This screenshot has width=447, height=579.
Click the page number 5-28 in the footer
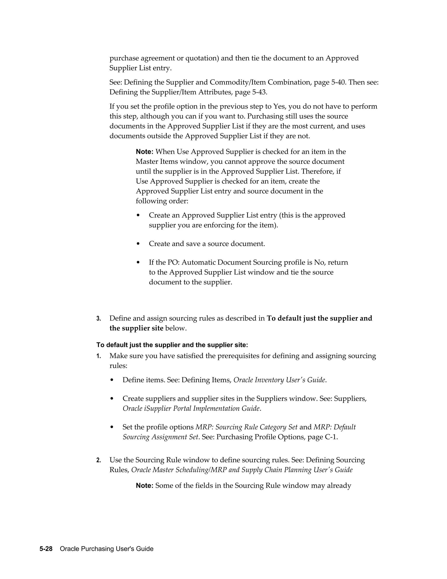point(46,549)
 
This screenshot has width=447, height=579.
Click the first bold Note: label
point(144,152)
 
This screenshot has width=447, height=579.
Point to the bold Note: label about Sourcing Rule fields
point(144,486)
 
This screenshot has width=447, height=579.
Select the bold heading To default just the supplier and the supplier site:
point(172,345)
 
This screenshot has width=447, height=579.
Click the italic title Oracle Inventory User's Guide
point(279,380)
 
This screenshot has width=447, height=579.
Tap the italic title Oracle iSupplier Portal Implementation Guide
point(191,408)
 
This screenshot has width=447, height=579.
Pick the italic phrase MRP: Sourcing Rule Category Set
point(246,427)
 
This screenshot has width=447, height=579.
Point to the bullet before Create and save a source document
point(138,244)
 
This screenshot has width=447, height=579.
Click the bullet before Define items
point(112,380)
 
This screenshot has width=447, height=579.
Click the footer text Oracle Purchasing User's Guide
point(107,549)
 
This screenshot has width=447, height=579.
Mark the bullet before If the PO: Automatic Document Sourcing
point(138,262)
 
